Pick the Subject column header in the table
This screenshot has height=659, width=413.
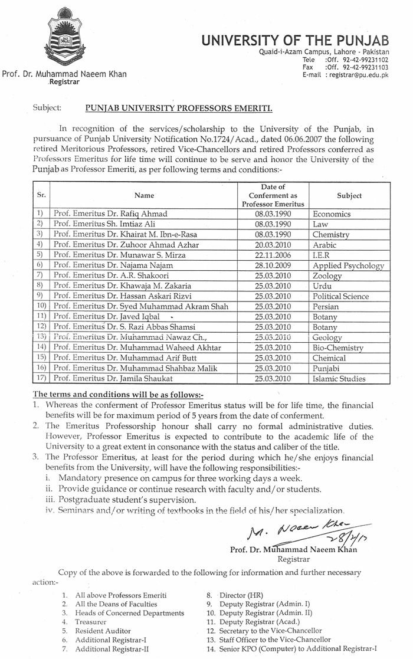point(349,195)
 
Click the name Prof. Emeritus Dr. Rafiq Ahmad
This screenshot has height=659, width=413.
point(110,214)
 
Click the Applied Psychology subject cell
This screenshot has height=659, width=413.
point(348,265)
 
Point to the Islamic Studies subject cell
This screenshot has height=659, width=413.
point(339,379)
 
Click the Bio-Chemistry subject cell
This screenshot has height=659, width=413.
point(337,348)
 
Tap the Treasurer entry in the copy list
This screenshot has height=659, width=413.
point(91,622)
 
